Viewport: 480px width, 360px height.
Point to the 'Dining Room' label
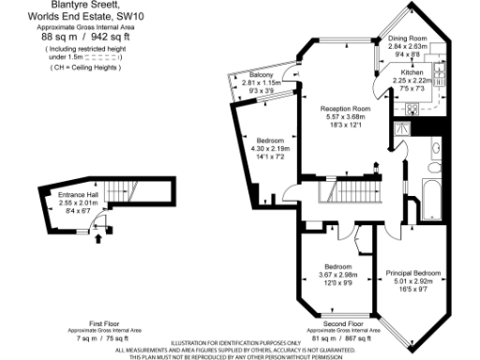coord(407,38)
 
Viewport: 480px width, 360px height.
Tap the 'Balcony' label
coord(262,75)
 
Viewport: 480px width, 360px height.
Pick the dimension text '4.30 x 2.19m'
coord(271,149)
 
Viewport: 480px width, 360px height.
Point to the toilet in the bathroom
coord(432,147)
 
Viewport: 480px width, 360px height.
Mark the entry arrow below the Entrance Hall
coord(100,239)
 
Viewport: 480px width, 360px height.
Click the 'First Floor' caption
coord(91,322)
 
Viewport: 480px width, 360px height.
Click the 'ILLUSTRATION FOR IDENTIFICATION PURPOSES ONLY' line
coord(243,342)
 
